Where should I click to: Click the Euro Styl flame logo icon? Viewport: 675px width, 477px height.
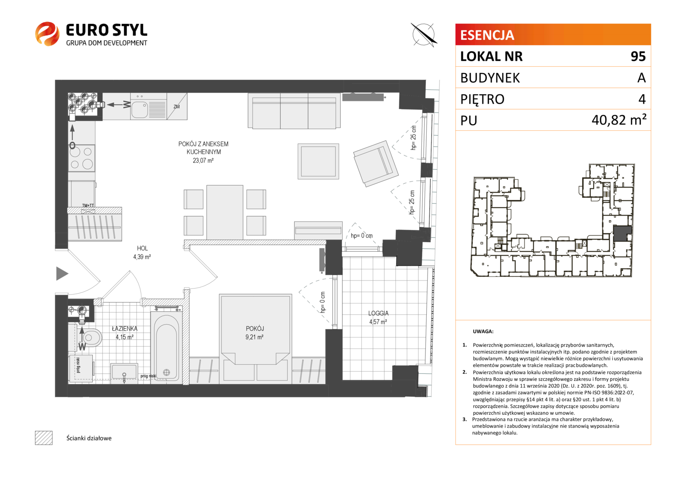pos(47,34)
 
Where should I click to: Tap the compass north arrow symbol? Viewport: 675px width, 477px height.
pos(424,35)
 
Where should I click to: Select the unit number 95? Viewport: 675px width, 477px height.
pos(638,57)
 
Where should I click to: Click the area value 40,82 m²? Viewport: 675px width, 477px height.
pos(619,120)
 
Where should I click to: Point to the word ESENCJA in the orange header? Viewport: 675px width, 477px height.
pos(487,35)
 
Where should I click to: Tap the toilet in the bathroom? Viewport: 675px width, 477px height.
pos(91,337)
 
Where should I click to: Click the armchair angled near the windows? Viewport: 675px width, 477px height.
pos(376,163)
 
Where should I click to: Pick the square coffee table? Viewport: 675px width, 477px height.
pos(318,161)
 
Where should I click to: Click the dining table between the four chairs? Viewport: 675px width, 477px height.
pos(225,212)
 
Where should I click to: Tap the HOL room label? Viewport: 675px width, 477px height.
pos(142,248)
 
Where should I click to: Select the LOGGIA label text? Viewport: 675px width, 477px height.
pos(378,314)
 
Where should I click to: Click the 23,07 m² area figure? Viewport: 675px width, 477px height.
pos(203,160)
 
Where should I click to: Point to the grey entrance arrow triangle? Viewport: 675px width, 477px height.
pos(62,273)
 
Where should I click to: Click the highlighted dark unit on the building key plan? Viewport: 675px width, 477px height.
pos(622,233)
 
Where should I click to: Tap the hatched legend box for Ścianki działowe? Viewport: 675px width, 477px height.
pos(44,438)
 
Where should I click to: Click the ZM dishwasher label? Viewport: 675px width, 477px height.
pos(177,106)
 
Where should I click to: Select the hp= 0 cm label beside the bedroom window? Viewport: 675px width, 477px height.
pos(323,302)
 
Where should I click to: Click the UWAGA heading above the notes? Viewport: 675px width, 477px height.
pos(483,331)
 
